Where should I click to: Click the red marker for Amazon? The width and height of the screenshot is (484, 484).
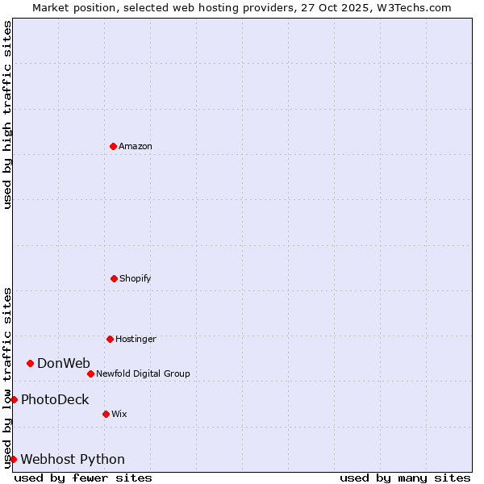(114, 146)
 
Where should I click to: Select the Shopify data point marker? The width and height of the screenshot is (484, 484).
(114, 278)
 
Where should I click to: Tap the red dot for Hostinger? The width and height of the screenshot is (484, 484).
(110, 339)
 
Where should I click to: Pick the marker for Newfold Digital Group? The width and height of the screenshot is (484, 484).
(90, 373)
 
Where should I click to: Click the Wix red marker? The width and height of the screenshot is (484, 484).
(106, 414)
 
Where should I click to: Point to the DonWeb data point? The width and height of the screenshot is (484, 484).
(31, 363)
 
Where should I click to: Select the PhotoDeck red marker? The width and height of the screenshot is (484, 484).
(14, 399)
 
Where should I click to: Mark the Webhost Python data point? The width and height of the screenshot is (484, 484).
(14, 459)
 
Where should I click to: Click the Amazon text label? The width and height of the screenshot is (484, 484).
(136, 146)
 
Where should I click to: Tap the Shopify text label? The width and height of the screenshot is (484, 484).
(136, 278)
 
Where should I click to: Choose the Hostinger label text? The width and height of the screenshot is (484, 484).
(136, 339)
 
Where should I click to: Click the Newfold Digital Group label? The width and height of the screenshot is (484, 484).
(143, 373)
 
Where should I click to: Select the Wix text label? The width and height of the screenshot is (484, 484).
(119, 414)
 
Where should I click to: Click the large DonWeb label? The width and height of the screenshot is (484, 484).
(64, 363)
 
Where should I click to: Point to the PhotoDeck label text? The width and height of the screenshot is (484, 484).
(55, 399)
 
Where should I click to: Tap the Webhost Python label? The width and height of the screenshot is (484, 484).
(73, 459)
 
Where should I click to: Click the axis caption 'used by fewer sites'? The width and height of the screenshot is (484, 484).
(83, 478)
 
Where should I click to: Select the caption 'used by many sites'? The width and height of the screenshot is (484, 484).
(405, 478)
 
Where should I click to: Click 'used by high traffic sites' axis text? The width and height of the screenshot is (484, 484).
(7, 115)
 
